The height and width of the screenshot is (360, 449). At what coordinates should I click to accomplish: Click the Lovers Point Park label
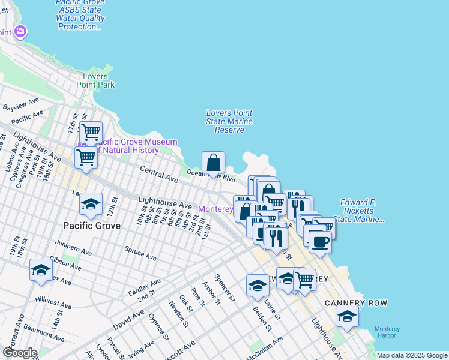95,80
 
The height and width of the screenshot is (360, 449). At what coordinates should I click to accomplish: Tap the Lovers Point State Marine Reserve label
229,121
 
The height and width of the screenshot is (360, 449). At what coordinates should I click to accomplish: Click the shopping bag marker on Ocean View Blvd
213,163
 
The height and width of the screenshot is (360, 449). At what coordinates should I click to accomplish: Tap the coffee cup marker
320,242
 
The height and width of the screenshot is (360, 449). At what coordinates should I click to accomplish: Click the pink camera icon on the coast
21,31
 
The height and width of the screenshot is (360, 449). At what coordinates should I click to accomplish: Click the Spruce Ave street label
140,253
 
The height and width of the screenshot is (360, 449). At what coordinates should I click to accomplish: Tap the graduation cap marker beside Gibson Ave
41,271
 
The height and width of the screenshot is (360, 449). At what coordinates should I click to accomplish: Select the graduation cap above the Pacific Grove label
91,205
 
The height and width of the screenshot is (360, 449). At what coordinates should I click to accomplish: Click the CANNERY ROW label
356,303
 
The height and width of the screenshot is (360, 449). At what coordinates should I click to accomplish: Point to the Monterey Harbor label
387,332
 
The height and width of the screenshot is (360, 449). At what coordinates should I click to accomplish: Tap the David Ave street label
128,319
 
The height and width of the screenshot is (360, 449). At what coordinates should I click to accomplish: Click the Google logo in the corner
19,353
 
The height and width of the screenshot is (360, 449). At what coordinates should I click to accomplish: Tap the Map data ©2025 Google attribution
411,355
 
